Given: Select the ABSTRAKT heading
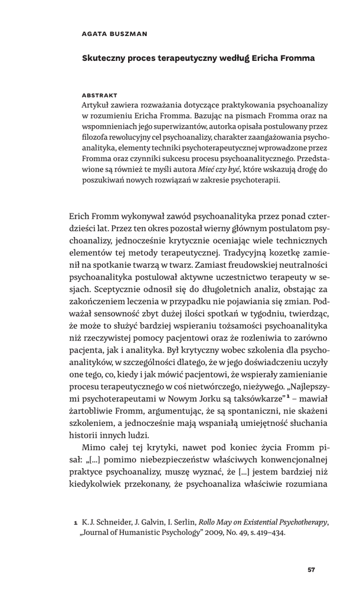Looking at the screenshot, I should tap(99, 94).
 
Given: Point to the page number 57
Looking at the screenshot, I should tap(313, 570).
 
